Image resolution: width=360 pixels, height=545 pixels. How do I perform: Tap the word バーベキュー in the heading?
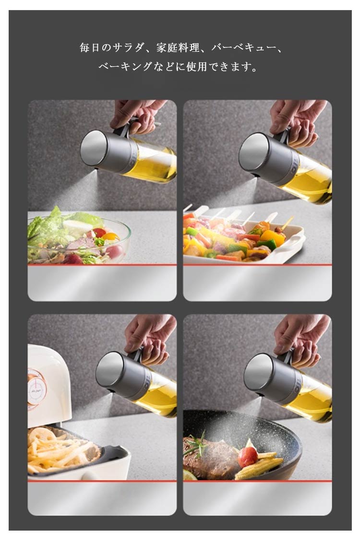pos(242,47)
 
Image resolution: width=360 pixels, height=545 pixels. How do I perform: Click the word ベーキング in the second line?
pos(126,66)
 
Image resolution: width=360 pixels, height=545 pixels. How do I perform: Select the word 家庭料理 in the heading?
pos(178,47)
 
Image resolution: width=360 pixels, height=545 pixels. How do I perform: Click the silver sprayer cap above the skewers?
pos(268,158)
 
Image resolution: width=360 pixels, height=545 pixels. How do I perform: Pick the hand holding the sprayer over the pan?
pos(301,339)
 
